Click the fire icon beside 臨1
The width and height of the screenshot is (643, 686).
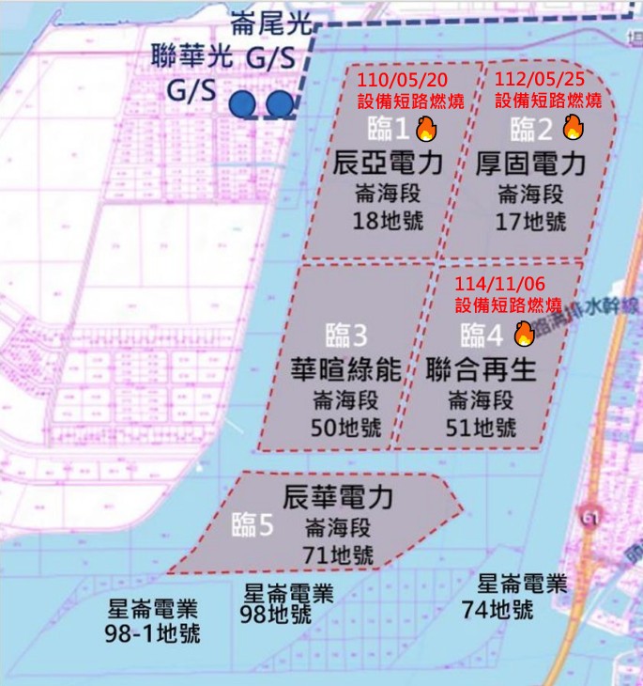(426, 129)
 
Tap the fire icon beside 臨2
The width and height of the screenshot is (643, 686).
(574, 128)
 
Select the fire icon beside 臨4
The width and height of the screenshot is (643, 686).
(524, 333)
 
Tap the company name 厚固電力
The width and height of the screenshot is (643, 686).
(531, 164)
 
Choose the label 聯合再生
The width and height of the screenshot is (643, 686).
(481, 369)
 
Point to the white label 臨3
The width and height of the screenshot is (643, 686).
(344, 335)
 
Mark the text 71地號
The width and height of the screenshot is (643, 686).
(338, 554)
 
